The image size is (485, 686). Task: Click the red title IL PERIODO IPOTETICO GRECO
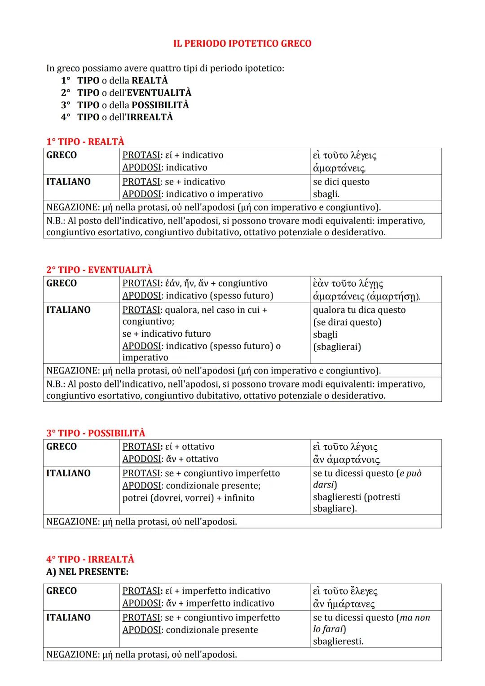pos(242,44)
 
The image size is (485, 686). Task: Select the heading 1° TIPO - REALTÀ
pos(85,141)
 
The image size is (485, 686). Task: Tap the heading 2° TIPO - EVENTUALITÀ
pos(99,269)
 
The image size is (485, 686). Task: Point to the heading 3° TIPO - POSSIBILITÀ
pos(96,433)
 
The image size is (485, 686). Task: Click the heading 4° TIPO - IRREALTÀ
pos(90,559)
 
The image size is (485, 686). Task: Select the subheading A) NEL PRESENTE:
pos(87,572)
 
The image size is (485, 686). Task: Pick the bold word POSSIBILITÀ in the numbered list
pos(160,105)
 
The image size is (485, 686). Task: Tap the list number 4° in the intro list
pos(66,117)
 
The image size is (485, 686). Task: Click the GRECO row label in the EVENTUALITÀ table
pos(62,283)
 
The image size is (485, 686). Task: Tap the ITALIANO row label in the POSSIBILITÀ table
pos(68,473)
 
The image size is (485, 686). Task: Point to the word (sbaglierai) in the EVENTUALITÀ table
pos(337,347)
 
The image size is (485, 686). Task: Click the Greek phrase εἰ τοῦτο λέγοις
pos(345,447)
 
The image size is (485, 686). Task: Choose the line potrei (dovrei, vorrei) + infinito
pos(188,498)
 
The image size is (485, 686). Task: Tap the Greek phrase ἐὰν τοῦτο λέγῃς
pos(348,284)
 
